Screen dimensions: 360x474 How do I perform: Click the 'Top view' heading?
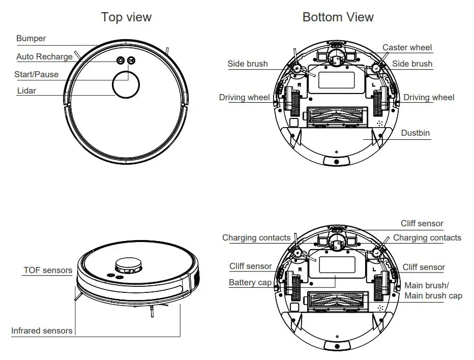[126, 17]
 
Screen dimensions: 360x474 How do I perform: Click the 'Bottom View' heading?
[338, 17]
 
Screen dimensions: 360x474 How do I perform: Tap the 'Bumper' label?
[31, 39]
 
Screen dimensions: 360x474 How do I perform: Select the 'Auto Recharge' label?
[44, 57]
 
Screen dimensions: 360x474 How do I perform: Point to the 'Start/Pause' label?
[36, 75]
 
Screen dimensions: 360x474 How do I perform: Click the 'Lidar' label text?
[26, 91]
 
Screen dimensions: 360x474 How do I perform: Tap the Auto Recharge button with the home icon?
[121, 60]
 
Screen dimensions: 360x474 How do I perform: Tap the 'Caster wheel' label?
[407, 48]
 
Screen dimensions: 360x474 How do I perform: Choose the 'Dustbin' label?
[415, 133]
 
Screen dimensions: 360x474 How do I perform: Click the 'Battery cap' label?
[250, 283]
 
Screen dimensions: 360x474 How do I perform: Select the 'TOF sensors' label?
[48, 271]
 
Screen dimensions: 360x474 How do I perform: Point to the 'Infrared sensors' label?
[42, 331]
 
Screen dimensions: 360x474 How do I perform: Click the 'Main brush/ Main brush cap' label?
[433, 291]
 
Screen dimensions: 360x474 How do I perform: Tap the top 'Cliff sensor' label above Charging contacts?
[422, 224]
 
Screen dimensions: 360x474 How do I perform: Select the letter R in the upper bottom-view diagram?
[300, 85]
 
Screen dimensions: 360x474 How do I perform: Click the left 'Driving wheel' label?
[244, 98]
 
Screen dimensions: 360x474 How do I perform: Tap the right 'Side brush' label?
[412, 64]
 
